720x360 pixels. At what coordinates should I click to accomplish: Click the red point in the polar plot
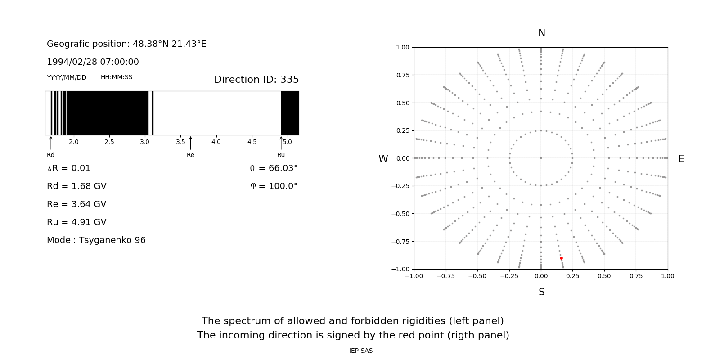coord(561,258)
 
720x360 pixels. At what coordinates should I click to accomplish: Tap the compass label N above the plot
coord(542,33)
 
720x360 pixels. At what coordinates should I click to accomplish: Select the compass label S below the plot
coord(542,292)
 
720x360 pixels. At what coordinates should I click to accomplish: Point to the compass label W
coord(383,159)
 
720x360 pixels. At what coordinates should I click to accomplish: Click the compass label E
coord(681,159)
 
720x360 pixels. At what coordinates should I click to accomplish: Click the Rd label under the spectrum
coord(50,155)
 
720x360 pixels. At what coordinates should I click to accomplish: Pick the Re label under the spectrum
coord(190,155)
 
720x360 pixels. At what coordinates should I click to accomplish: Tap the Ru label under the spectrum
coord(281,155)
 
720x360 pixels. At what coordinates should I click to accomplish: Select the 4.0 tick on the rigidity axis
coord(216,142)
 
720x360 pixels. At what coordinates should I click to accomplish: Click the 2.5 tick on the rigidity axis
coord(109,142)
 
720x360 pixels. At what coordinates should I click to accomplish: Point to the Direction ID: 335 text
coord(256,80)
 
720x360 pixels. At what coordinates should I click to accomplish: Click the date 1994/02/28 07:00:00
coord(93,62)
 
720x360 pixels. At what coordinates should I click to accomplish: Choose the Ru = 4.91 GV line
coord(76,222)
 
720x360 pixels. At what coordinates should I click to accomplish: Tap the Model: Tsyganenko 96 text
coord(96,240)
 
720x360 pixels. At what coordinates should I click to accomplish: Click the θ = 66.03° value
coord(274,168)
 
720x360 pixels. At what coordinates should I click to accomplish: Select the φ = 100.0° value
coord(274,186)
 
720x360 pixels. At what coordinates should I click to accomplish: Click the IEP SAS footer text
coord(361,351)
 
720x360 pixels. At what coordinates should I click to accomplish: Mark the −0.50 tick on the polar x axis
coord(477,276)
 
